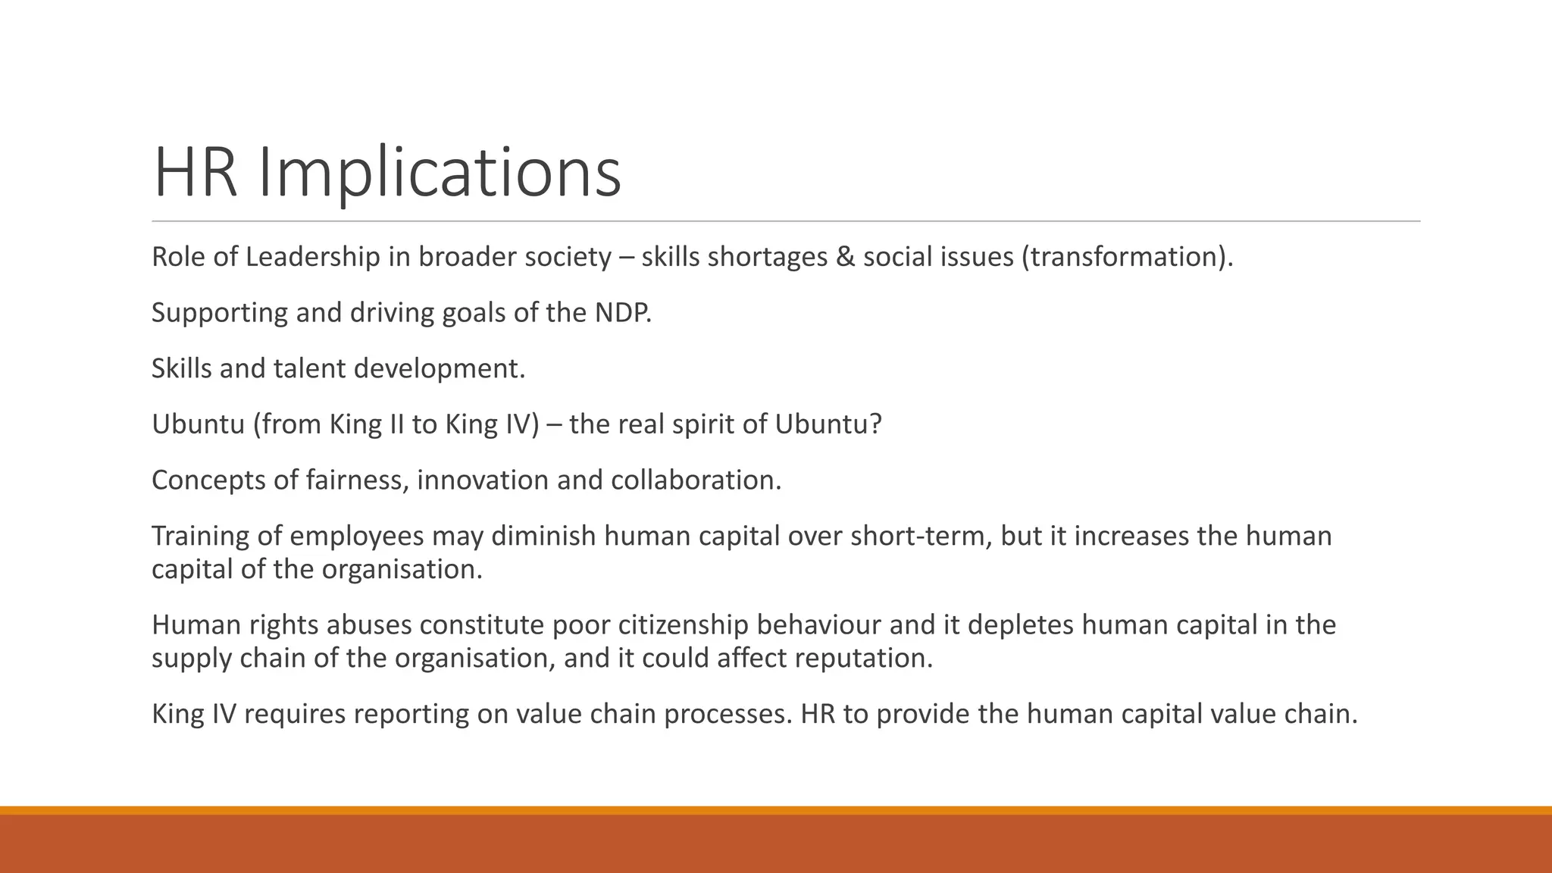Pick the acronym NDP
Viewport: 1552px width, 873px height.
623,312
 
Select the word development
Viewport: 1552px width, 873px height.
439,368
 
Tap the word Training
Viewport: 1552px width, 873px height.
200,536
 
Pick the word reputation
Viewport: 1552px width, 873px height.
863,658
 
